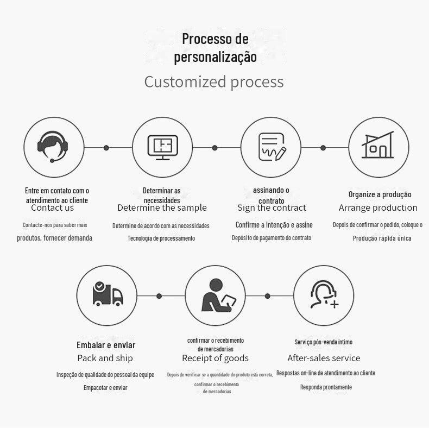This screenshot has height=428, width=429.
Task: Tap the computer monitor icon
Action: pos(163,147)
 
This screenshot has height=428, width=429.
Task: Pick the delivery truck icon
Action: pos(108,295)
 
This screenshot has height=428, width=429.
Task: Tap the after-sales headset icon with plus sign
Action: pos(324,295)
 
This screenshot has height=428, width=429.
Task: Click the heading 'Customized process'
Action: pos(214,82)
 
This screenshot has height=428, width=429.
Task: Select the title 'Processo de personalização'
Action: pos(215,48)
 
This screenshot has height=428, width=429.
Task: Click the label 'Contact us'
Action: pos(52,207)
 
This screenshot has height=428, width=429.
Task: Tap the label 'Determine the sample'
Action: pos(162,207)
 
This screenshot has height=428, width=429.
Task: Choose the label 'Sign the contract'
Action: pos(272,207)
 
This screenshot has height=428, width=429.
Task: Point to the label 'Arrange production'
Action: pos(378,207)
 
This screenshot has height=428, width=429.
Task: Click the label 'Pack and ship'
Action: pos(105,358)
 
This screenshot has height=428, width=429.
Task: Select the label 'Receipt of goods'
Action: pos(215,358)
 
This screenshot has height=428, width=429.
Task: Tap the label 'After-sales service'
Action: pos(324,358)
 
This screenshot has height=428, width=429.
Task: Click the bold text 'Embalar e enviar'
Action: pos(106,345)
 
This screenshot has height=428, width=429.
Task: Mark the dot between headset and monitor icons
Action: pos(106,148)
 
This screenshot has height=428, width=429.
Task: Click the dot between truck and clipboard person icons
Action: pos(159,295)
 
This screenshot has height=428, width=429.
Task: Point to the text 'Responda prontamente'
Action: pos(326,387)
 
